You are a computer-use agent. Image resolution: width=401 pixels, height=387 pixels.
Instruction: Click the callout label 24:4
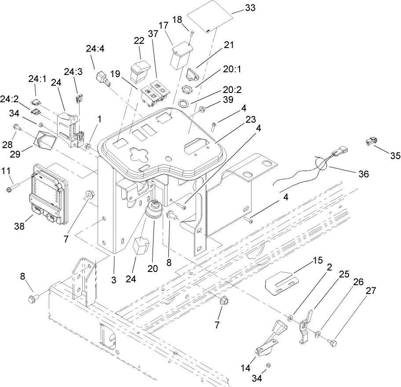(95, 50)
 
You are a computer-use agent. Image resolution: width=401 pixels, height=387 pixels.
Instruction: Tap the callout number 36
(363, 174)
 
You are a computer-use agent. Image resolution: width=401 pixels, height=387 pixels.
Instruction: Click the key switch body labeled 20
(153, 210)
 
